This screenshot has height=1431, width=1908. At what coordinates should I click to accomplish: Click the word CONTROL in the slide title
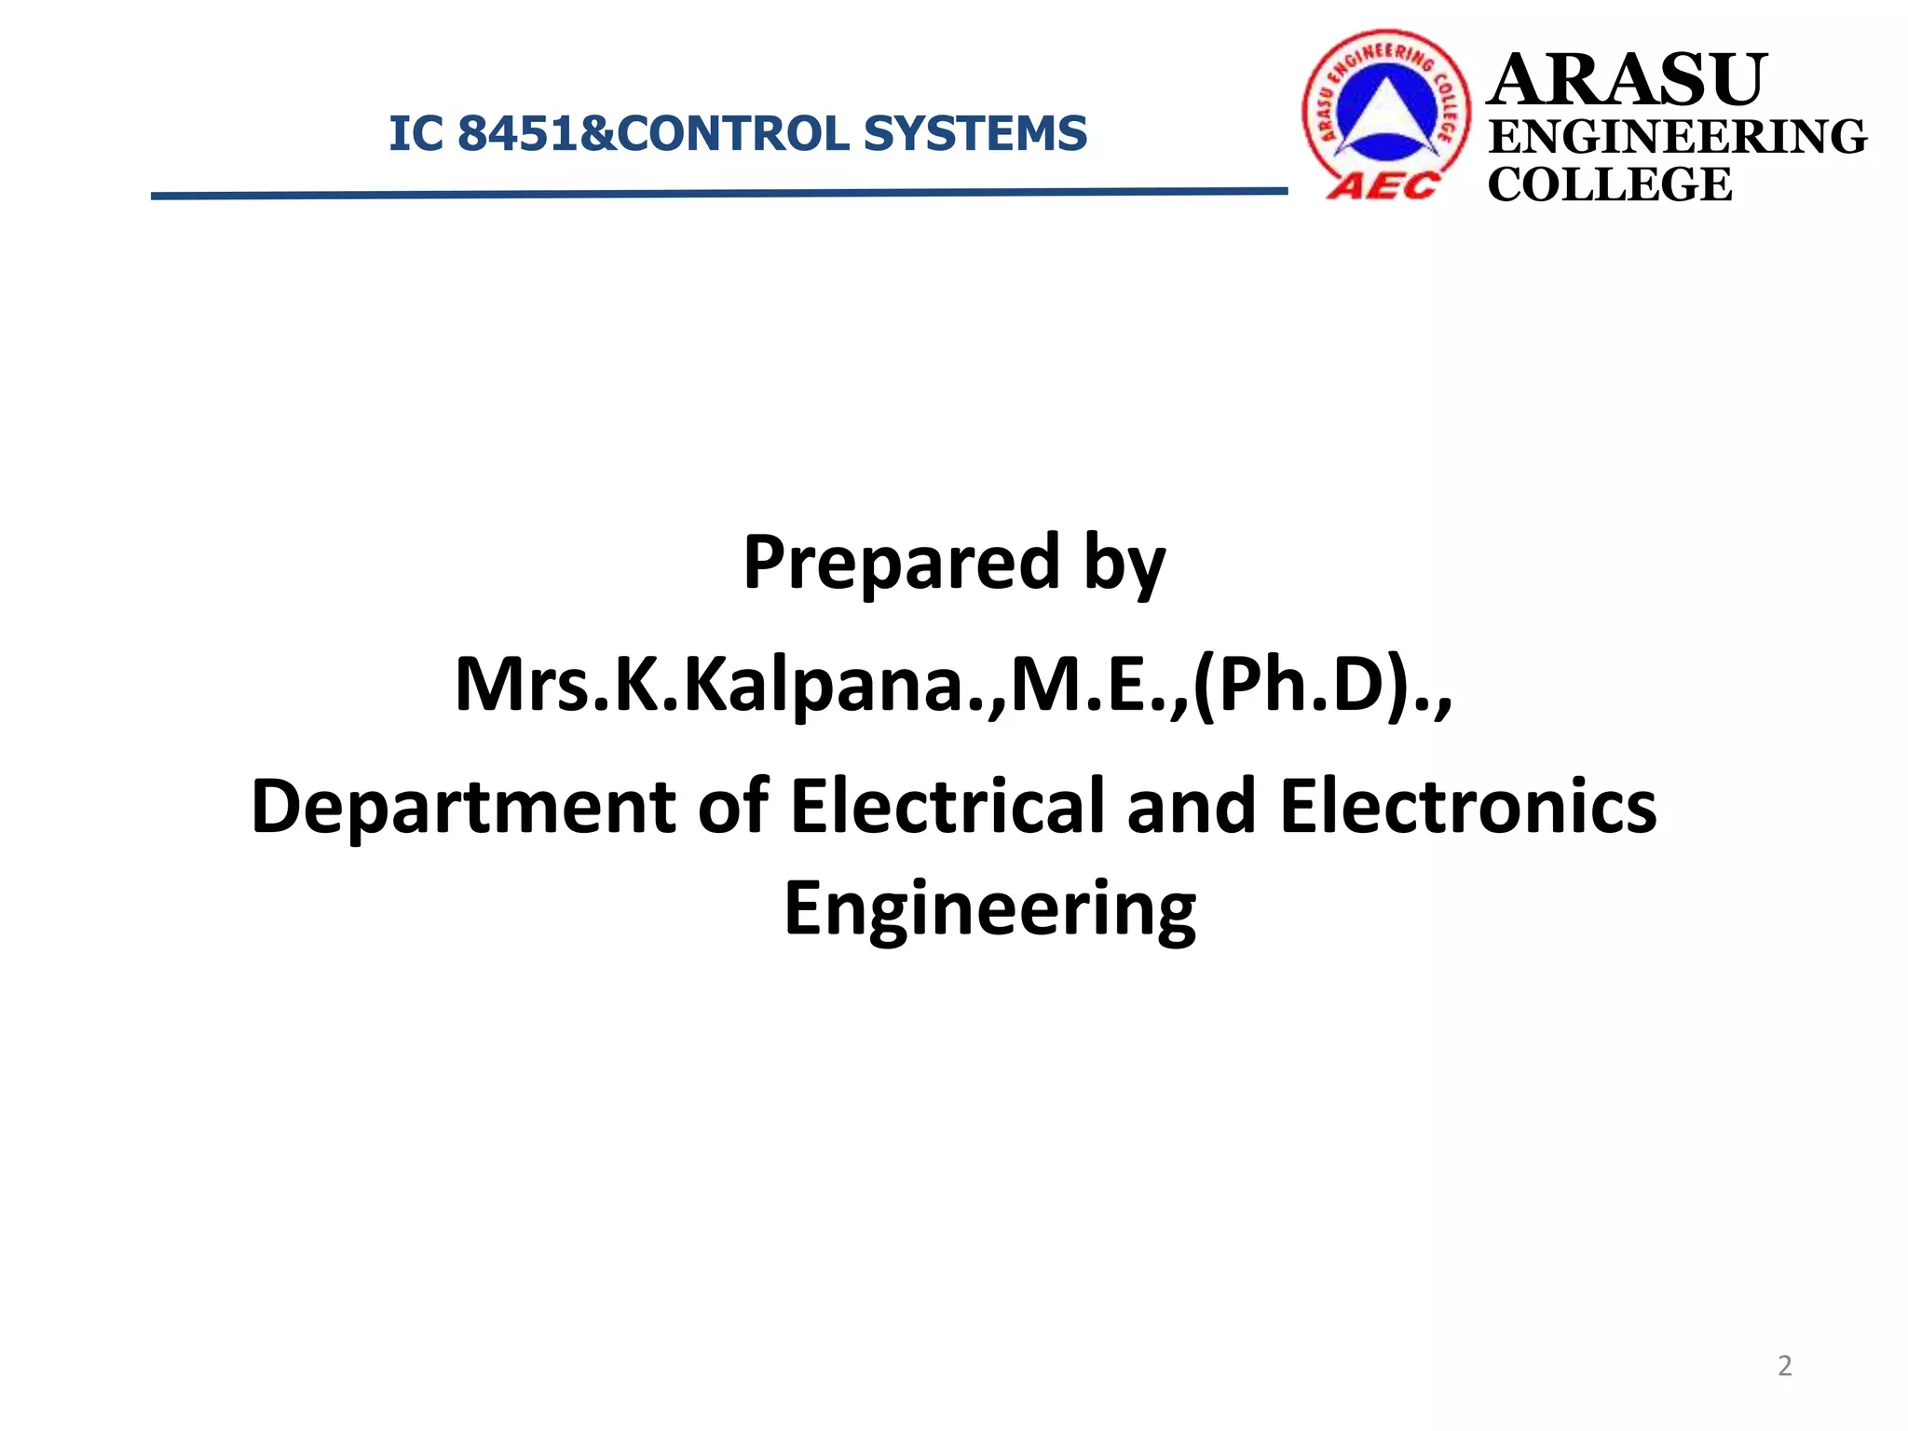pyautogui.click(x=733, y=133)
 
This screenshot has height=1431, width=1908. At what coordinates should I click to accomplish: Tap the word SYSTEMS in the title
pyautogui.click(x=974, y=133)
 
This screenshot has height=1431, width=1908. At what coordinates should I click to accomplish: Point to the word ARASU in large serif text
pyautogui.click(x=1627, y=80)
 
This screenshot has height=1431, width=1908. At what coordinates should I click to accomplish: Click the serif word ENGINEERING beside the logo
pyautogui.click(x=1677, y=137)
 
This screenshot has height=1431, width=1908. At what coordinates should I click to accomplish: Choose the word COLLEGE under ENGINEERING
pyautogui.click(x=1610, y=184)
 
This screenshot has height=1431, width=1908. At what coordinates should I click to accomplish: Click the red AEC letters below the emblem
pyautogui.click(x=1383, y=186)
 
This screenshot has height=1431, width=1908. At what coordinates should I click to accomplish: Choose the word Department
pyautogui.click(x=463, y=807)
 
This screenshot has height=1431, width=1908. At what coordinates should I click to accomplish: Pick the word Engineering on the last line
pyautogui.click(x=989, y=909)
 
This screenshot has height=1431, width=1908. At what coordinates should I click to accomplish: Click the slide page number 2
pyautogui.click(x=1784, y=1366)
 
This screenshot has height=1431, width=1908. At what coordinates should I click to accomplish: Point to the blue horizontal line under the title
pyautogui.click(x=718, y=194)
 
